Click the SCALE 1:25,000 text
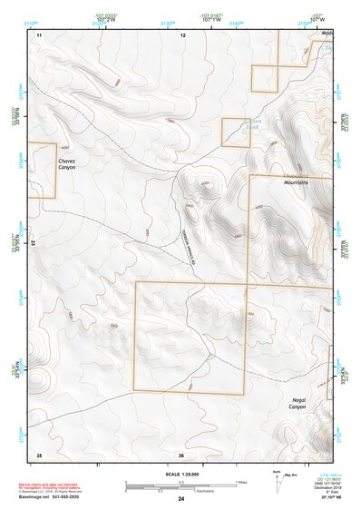point(180,475)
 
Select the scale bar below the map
point(180,487)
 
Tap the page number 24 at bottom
point(181,499)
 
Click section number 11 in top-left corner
point(39,34)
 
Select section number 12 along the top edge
point(182,34)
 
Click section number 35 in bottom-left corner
point(38,454)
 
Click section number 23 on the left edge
point(33,243)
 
